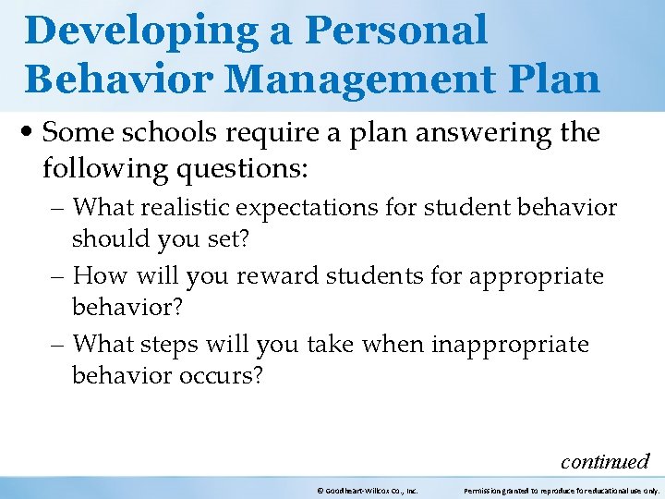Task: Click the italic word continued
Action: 605,460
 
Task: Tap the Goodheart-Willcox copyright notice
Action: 367,490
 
